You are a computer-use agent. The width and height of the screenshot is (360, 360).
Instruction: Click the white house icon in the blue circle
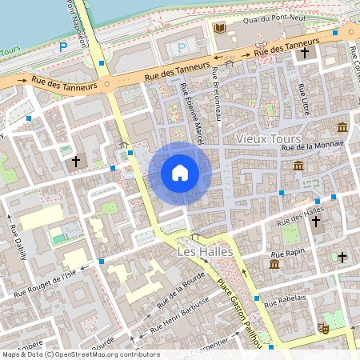click(x=180, y=172)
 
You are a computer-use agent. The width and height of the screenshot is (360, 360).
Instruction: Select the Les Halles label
click(x=204, y=252)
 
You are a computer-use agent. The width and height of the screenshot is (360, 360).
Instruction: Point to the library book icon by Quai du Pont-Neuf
click(x=219, y=29)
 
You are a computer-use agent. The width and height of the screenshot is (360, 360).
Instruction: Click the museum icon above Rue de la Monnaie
click(x=342, y=128)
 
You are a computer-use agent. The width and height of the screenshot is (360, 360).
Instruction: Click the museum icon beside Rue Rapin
click(x=274, y=264)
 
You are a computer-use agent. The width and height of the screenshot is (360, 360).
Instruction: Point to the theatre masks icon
click(x=324, y=328)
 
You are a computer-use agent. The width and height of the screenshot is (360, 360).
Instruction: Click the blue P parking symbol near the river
click(x=63, y=48)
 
